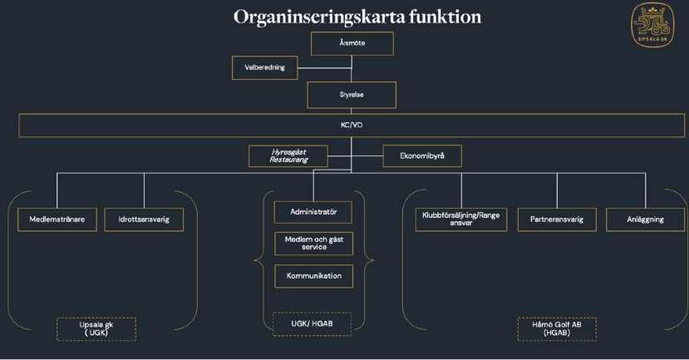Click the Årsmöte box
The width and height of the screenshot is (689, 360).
352,43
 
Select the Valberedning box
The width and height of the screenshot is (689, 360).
264,67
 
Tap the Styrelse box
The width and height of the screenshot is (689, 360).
352,95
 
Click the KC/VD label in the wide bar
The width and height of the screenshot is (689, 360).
352,126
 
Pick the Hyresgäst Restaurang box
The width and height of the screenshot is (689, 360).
288,155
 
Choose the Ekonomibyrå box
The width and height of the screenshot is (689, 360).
421,155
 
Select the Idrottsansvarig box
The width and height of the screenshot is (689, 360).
144,219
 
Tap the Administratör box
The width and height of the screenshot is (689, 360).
313,212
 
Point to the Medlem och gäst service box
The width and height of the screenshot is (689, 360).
313,244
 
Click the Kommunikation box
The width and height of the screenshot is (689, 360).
313,276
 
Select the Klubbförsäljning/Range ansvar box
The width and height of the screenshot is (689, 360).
460,219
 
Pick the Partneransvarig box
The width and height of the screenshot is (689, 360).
557,219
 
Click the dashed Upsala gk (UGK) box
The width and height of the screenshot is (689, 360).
96,328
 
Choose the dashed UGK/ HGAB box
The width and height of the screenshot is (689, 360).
312,323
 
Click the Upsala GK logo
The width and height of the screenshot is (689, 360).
652,25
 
